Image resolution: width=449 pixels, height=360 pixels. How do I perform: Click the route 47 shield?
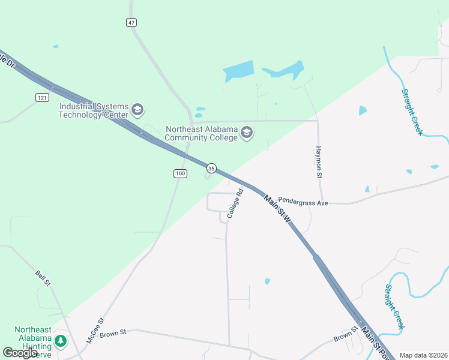click(x=131, y=22)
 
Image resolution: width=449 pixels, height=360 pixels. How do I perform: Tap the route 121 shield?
click(x=41, y=97)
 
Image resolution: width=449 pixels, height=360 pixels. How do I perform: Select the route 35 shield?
click(x=211, y=168)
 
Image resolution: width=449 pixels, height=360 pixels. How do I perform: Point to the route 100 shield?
click(x=180, y=173)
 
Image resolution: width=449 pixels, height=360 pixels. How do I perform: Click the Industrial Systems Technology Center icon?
click(x=137, y=110)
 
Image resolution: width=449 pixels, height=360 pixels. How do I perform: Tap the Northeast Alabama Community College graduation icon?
click(x=247, y=133)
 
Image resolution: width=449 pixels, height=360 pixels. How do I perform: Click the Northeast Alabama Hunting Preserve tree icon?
click(x=60, y=341)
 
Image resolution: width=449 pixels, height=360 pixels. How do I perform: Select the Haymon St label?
click(x=319, y=163)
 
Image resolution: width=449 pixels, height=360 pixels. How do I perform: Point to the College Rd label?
click(x=235, y=203)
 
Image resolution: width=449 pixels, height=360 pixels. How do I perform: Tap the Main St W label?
click(x=277, y=209)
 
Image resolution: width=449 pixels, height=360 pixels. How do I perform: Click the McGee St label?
click(x=95, y=330)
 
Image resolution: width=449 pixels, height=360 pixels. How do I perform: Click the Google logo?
click(x=20, y=352)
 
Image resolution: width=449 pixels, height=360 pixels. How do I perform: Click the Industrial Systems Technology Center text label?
click(x=93, y=110)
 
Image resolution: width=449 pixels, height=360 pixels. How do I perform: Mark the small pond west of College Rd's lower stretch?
click(x=267, y=281)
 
